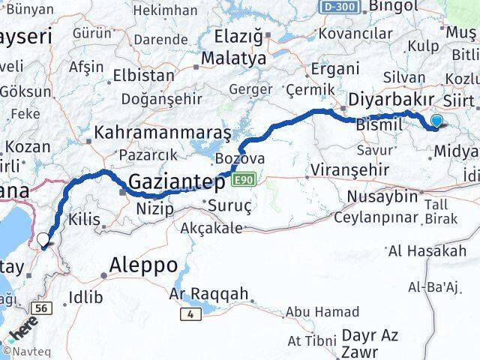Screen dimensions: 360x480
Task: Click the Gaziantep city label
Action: (177, 181)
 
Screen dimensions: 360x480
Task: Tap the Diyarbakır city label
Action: (391, 100)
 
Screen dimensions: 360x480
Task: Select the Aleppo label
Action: (143, 265)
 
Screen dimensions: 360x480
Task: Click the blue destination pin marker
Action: (437, 121)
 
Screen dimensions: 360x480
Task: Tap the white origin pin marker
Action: (43, 240)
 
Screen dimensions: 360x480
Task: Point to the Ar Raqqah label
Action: (209, 294)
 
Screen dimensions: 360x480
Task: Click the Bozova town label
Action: (239, 159)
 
